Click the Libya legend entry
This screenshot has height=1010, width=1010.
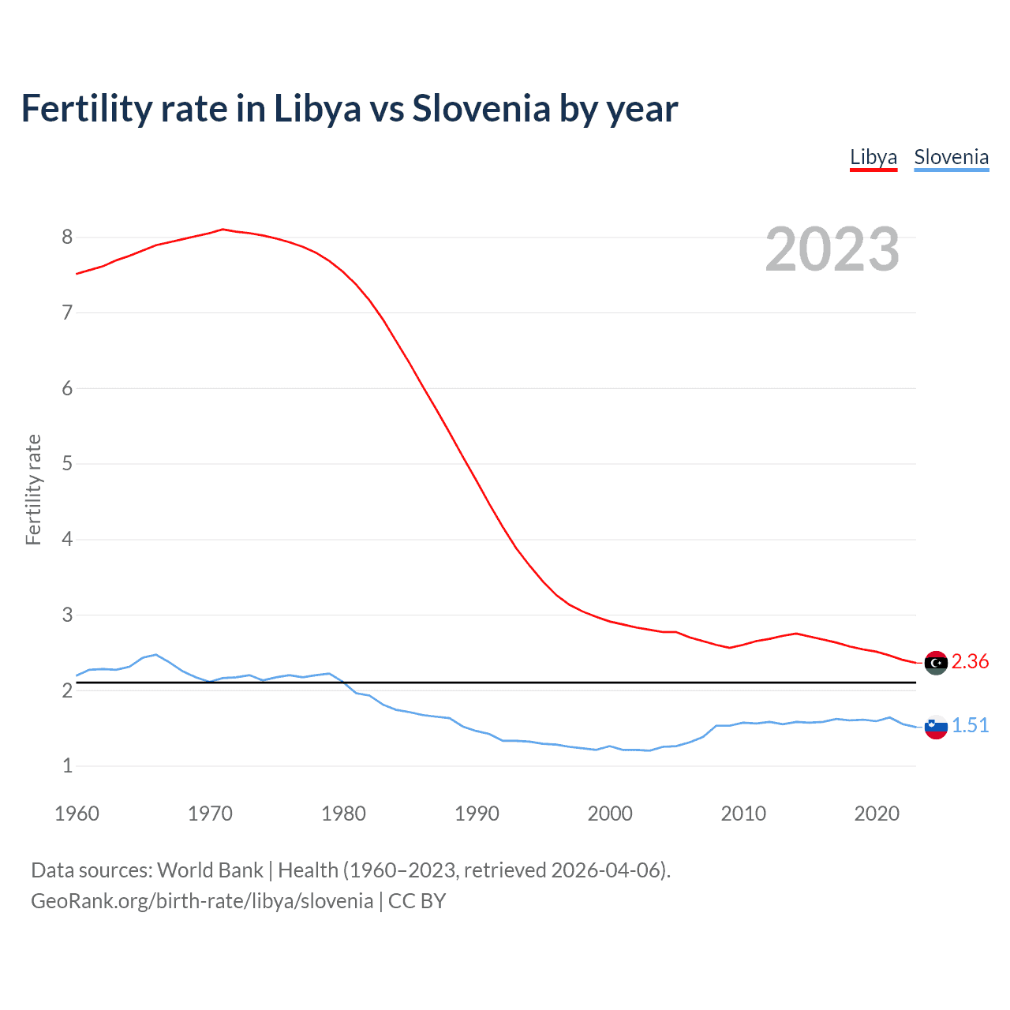pyautogui.click(x=873, y=158)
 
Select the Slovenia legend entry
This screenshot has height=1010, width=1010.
pyautogui.click(x=951, y=158)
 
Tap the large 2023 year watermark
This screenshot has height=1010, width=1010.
pyautogui.click(x=832, y=249)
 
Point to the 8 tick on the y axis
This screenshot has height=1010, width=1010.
pyautogui.click(x=67, y=238)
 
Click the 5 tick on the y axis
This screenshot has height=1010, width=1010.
pyautogui.click(x=67, y=464)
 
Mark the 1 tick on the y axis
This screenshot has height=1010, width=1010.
pyautogui.click(x=67, y=766)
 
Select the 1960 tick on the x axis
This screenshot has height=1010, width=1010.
pyautogui.click(x=77, y=814)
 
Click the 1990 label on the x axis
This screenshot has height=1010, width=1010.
pyautogui.click(x=477, y=814)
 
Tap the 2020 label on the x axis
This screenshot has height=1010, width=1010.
pyautogui.click(x=877, y=814)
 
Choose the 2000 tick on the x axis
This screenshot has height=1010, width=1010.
pyautogui.click(x=610, y=814)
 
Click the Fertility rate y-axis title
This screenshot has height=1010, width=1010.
pyautogui.click(x=33, y=489)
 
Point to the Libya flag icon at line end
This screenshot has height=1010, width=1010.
pyautogui.click(x=936, y=663)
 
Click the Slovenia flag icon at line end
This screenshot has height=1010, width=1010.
pyautogui.click(x=936, y=727)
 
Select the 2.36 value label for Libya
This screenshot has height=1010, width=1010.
pyautogui.click(x=970, y=662)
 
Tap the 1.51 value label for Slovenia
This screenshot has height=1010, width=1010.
pyautogui.click(x=970, y=726)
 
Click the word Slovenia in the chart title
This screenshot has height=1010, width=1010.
pyautogui.click(x=481, y=109)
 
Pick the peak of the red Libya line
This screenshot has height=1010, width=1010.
pyautogui.click(x=223, y=229)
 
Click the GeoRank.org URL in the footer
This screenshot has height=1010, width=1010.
pyautogui.click(x=202, y=901)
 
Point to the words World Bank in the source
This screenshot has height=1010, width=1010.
pyautogui.click(x=210, y=870)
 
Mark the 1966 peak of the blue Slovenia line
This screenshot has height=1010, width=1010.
pyautogui.click(x=156, y=654)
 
